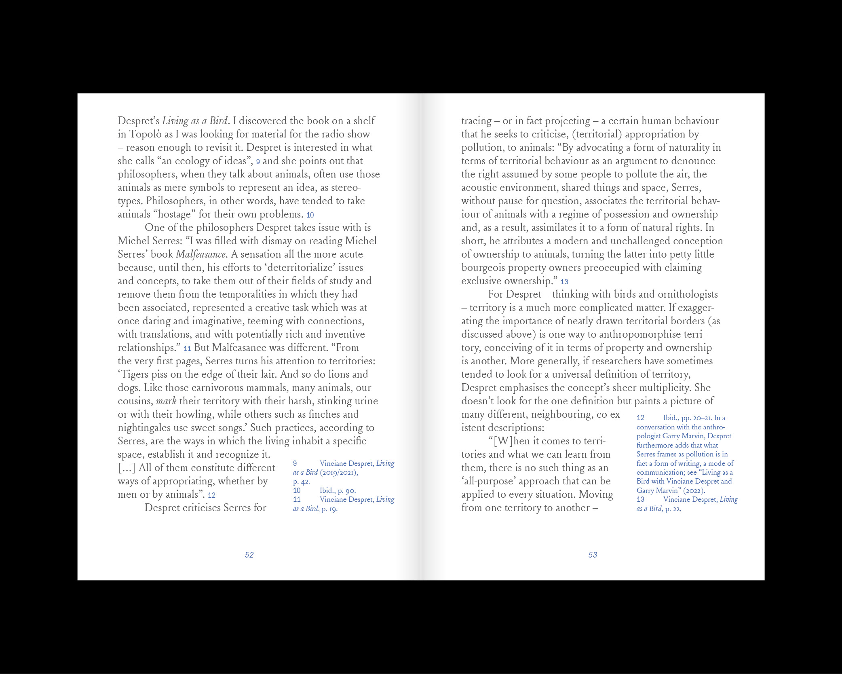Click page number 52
coord(249,555)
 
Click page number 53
coord(593,555)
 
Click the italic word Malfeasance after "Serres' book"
coord(200,254)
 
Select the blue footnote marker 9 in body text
coord(258,162)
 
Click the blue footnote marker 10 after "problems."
coord(310,215)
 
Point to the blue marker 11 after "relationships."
coord(187,349)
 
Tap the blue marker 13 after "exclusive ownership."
coord(564,282)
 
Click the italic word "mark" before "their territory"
coord(166,401)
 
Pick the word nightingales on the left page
coord(145,428)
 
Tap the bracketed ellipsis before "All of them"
coord(127,468)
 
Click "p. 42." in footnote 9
coord(301,482)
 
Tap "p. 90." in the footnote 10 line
coord(347,490)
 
